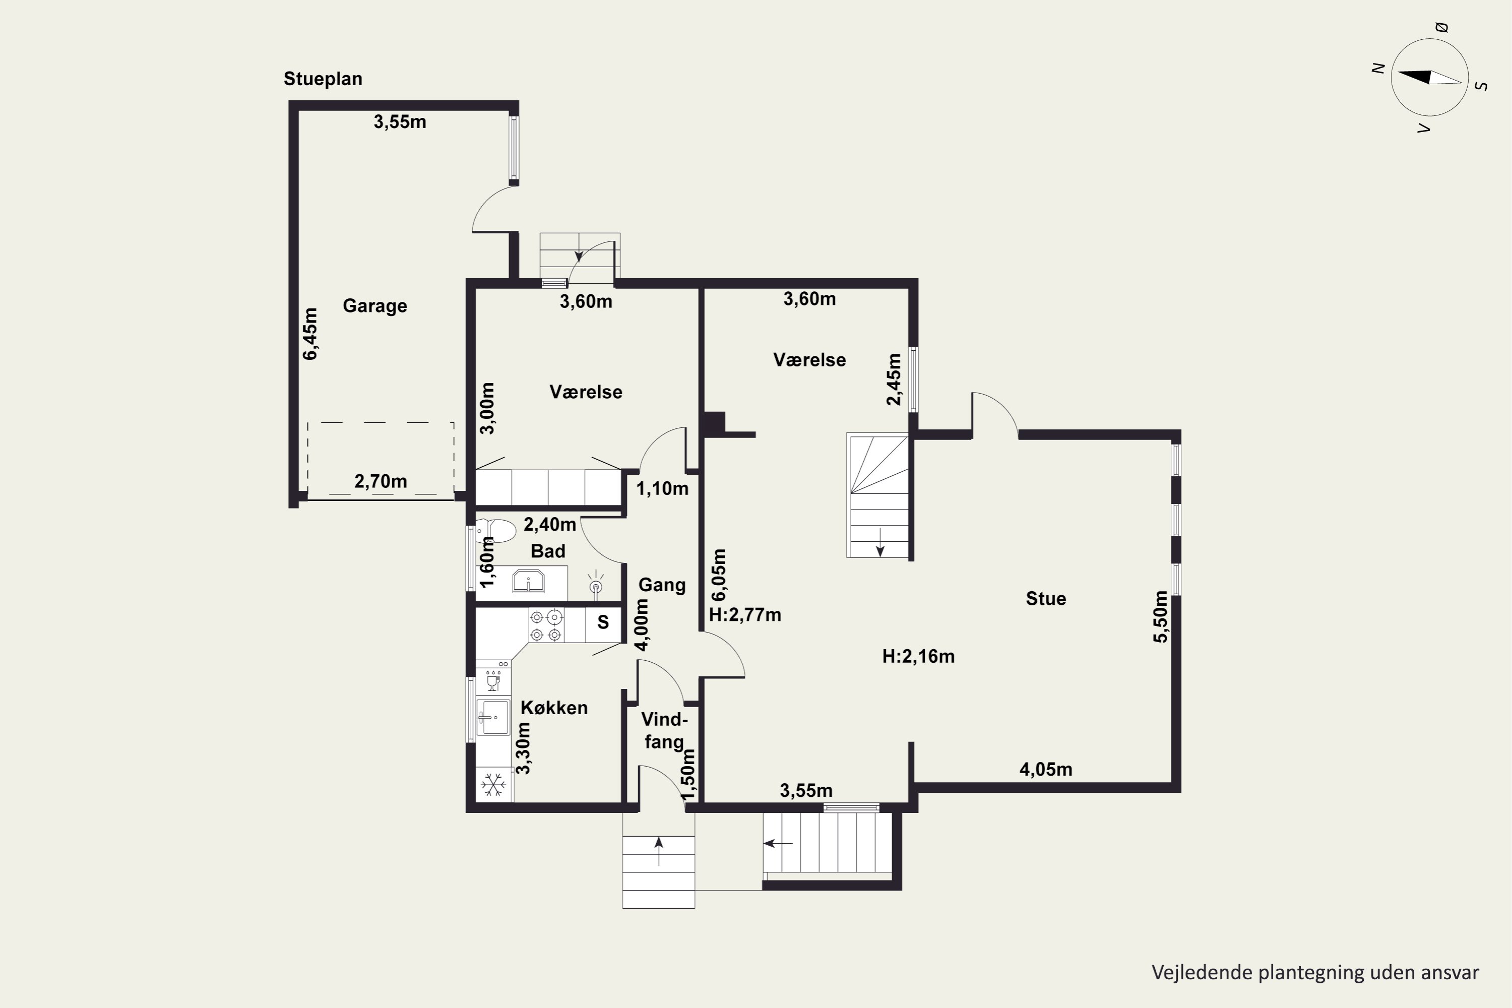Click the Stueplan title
pos(323,79)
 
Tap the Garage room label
pos(375,305)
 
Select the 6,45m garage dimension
pos(310,334)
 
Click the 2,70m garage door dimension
pos(381,481)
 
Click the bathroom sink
pos(528,581)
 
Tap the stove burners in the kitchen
pos(546,625)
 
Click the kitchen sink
pos(493,717)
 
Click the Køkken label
pos(554,708)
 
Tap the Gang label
pos(662,585)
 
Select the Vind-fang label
pos(664,731)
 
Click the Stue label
pos(1046,599)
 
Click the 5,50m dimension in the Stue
pos(1160,616)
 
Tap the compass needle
pos(1430,77)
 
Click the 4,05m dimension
pos(1046,769)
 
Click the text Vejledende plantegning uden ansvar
pos(1315,973)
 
